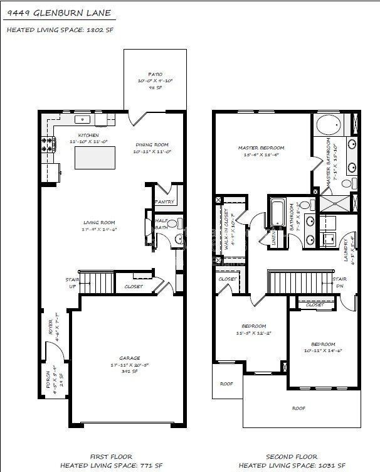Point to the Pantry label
[x=164, y=201]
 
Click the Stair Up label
[x=72, y=284]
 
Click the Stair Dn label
[x=339, y=282]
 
